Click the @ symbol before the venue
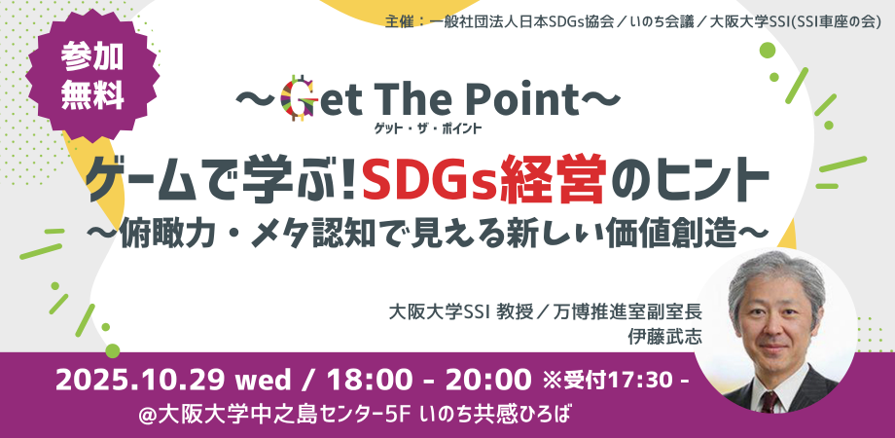click(148, 414)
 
